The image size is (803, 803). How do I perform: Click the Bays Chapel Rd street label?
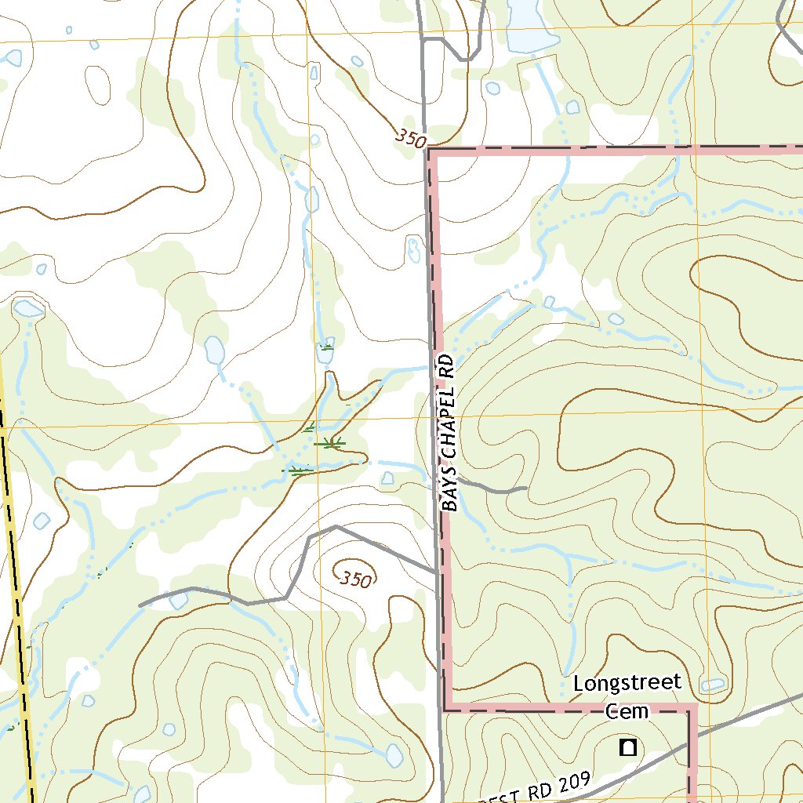click(x=448, y=433)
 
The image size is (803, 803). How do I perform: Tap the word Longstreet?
click(x=627, y=683)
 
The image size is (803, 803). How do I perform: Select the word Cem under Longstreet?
click(x=627, y=711)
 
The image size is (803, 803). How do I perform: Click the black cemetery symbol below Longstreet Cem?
click(x=627, y=747)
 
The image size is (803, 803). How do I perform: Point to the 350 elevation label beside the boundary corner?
click(x=410, y=139)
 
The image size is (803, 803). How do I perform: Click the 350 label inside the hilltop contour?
click(x=355, y=580)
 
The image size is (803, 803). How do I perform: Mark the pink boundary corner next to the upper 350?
click(x=431, y=151)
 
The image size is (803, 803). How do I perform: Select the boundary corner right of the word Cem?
click(x=692, y=710)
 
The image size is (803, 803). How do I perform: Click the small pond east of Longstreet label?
click(x=712, y=685)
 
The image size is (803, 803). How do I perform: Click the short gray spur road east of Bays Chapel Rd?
click(x=494, y=489)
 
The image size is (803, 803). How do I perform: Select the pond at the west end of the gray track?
click(x=179, y=600)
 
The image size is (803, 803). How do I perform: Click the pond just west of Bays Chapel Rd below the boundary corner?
click(x=413, y=249)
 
